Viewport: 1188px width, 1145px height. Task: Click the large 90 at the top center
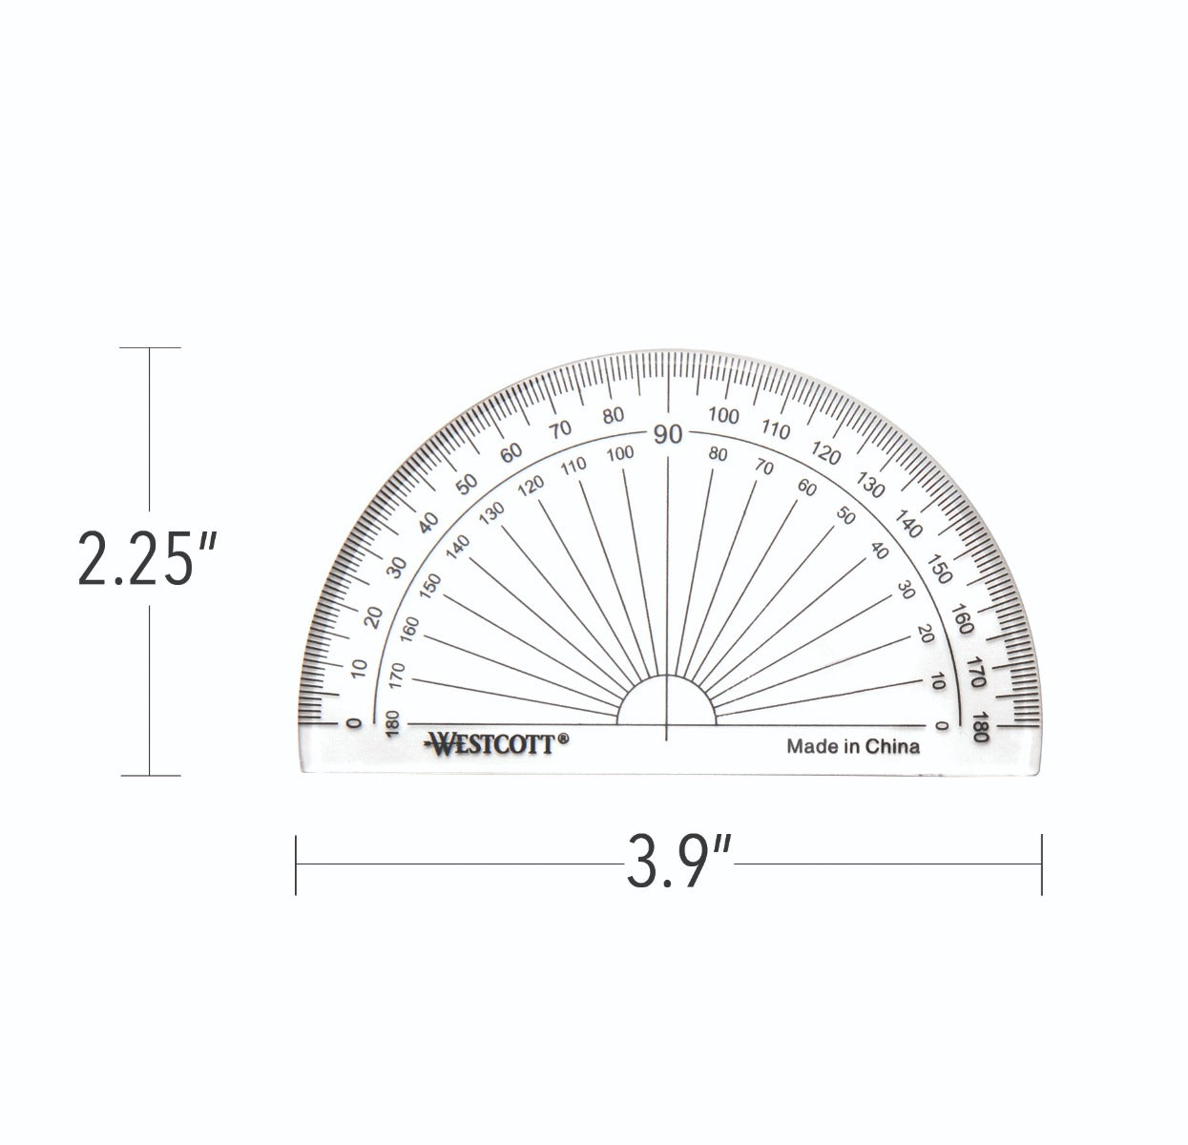668,434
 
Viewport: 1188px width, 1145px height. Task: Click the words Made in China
852,746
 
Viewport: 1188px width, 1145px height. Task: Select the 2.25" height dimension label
149,561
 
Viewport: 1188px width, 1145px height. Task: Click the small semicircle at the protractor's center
666,701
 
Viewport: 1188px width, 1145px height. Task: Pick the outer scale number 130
869,484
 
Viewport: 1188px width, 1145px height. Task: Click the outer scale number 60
512,452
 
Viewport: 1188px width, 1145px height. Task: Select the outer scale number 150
940,569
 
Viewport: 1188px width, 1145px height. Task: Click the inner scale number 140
459,547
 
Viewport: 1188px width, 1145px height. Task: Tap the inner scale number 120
531,486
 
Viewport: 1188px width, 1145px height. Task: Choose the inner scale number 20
925,633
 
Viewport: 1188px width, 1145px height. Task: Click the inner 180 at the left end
389,724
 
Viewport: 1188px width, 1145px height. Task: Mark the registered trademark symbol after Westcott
563,737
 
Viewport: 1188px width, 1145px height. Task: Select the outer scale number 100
724,416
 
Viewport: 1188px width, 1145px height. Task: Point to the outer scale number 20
373,616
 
